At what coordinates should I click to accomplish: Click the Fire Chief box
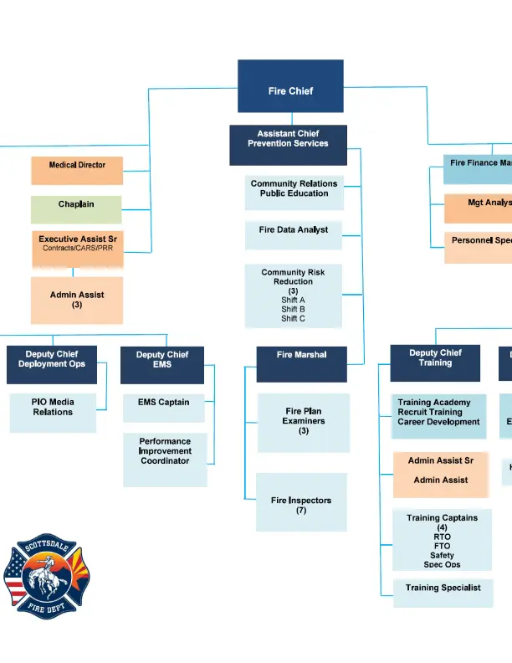pos(290,86)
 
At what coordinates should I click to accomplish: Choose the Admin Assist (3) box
pos(77,301)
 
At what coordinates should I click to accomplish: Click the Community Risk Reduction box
pos(294,296)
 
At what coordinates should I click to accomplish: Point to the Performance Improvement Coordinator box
pos(165,459)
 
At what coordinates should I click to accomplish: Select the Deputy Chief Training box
pos(435,363)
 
